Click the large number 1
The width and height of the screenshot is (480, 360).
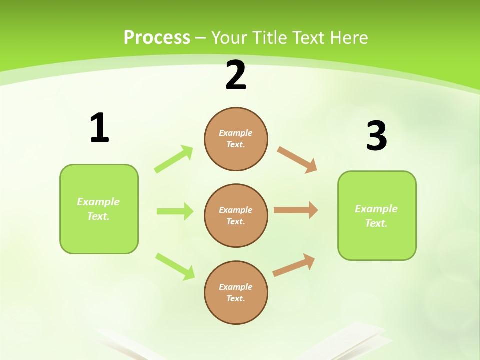[x=99, y=128]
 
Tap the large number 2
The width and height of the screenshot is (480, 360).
[x=236, y=76]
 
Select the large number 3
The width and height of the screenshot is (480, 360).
[x=376, y=136]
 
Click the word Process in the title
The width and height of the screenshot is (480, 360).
[x=157, y=37]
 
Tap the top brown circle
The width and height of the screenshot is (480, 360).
[x=236, y=139]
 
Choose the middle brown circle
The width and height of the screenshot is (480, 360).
[x=236, y=215]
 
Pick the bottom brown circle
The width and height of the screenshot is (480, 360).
[x=236, y=292]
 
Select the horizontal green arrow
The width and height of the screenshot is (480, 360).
[x=175, y=211]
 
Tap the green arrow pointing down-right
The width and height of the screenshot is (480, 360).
[x=175, y=266]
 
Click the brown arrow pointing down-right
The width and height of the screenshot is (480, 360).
[x=297, y=160]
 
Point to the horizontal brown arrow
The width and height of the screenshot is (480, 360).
[x=296, y=210]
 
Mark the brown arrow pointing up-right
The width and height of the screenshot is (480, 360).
[x=294, y=265]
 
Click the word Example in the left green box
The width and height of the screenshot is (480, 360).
[x=98, y=202]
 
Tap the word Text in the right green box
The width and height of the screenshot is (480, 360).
[x=376, y=223]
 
